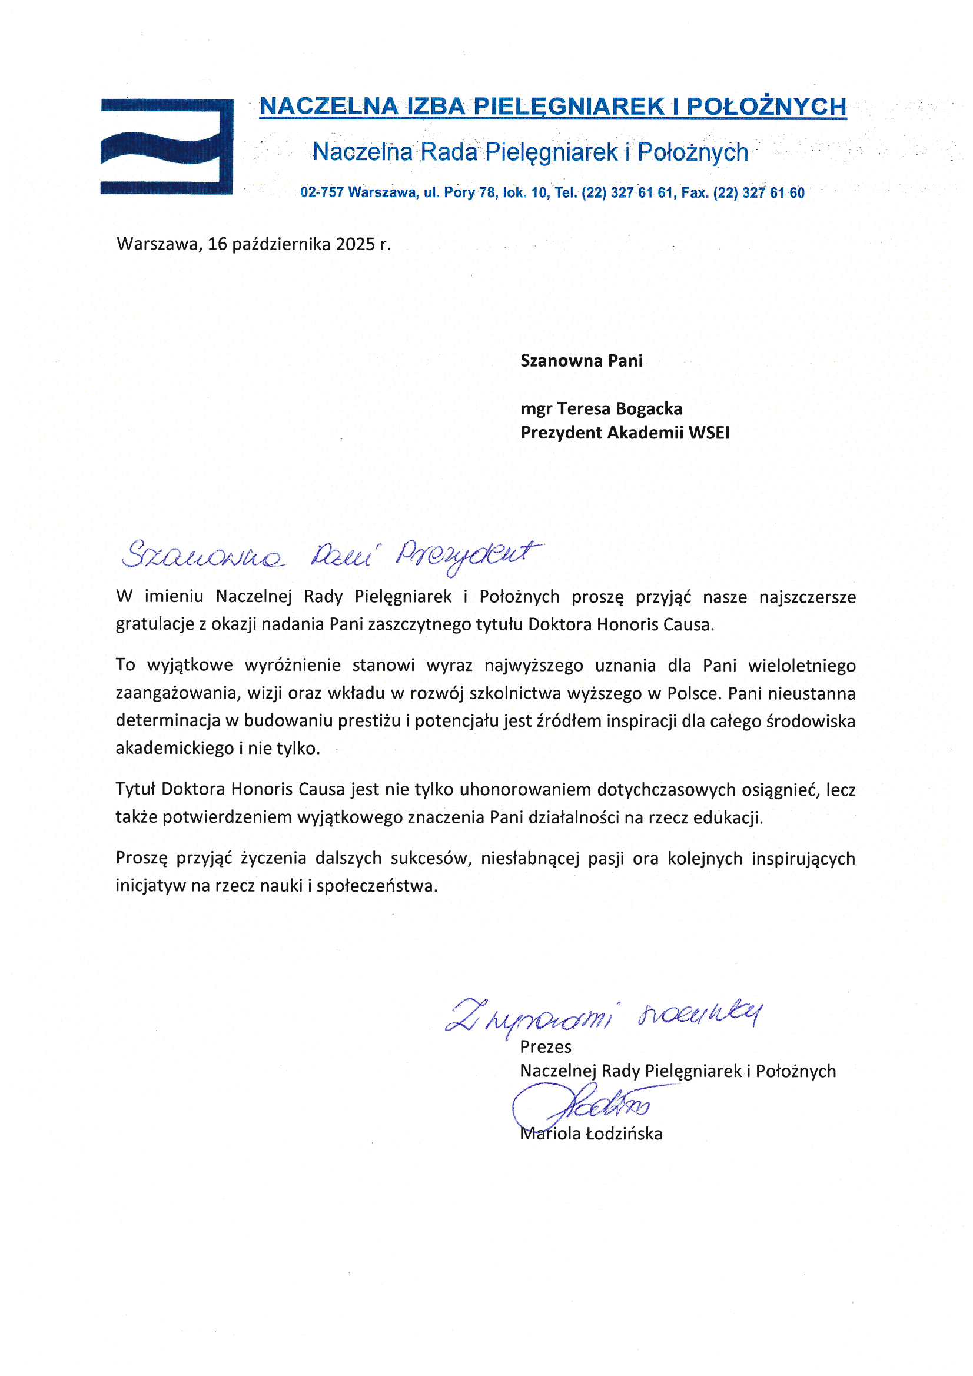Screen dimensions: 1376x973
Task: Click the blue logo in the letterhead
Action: tap(167, 146)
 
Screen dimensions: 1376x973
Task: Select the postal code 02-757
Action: tap(322, 193)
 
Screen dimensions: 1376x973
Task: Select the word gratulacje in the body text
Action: tap(154, 624)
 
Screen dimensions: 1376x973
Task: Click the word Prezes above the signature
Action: tap(546, 1047)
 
